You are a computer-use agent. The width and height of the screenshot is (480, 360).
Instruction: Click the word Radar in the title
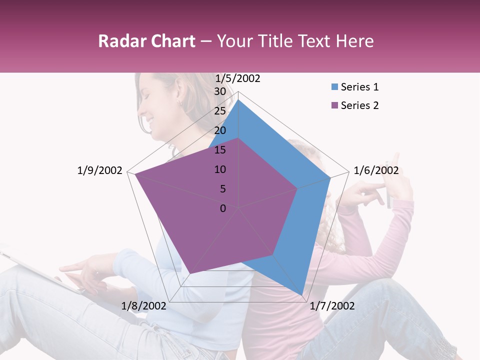120,41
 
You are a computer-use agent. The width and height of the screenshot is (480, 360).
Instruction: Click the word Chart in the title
171,41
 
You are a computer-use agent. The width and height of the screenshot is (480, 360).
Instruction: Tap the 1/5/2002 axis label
237,78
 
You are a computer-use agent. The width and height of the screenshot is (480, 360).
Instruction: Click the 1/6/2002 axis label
376,170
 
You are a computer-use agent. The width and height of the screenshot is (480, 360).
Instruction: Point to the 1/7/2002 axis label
332,306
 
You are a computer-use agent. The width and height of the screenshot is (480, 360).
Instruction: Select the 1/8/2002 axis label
143,306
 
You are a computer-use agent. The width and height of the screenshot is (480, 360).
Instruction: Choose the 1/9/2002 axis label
99,170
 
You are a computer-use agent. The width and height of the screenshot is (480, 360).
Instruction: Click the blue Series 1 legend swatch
334,87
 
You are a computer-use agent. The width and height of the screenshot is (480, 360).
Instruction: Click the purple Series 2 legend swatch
334,105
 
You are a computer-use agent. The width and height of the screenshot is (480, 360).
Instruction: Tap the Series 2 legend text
359,105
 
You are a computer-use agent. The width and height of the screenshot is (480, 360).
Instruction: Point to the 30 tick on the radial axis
220,91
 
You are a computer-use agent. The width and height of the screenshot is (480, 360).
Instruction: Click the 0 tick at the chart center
223,208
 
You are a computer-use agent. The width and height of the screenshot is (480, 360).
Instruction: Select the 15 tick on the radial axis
220,150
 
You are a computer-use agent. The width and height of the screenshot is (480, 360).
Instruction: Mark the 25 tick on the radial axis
220,111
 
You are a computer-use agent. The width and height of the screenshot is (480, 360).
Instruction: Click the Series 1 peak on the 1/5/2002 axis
238,100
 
